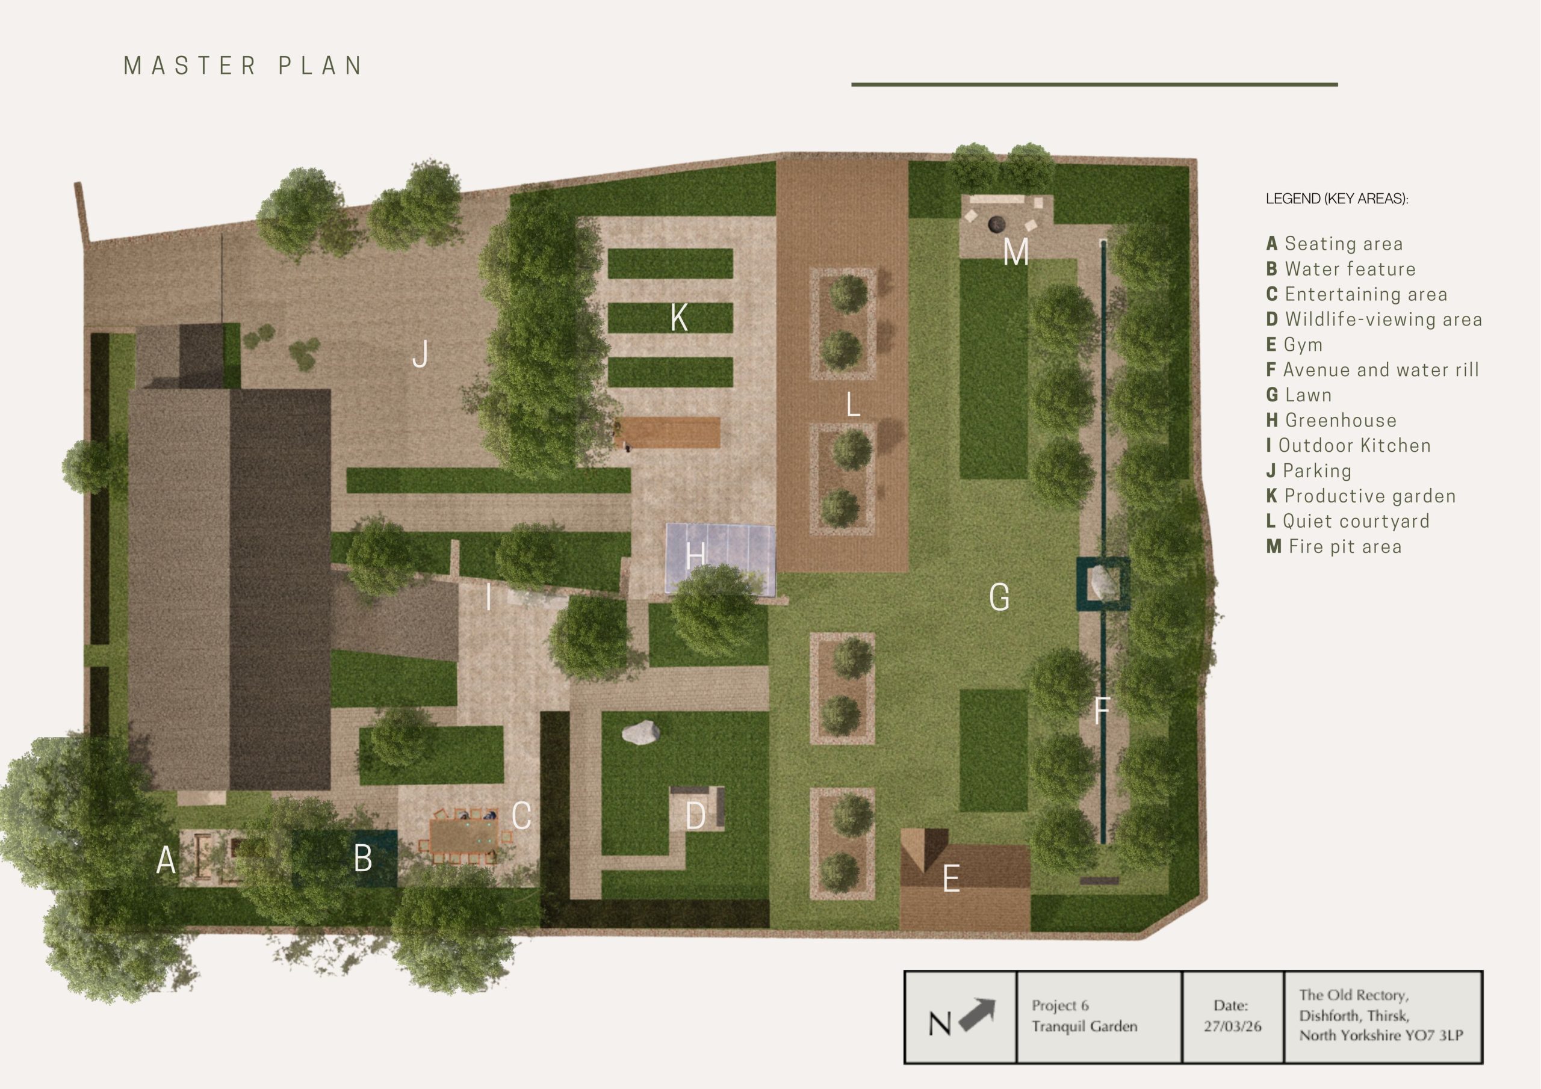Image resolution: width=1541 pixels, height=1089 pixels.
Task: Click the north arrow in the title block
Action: [x=977, y=1014]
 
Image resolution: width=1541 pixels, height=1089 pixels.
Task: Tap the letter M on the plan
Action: [x=1015, y=252]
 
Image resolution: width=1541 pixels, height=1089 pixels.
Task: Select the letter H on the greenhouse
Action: [x=695, y=555]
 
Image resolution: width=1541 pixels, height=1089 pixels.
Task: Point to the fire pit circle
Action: [x=994, y=223]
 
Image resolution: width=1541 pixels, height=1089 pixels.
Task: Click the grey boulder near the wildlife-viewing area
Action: [x=640, y=732]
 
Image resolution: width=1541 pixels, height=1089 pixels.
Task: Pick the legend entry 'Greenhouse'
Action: [x=1332, y=421]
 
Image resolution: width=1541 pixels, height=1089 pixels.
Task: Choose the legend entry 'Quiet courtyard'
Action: [x=1348, y=522]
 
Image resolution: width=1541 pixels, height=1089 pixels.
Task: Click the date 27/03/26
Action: [x=1232, y=1026]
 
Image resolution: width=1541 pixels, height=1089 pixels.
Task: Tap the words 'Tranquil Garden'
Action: [x=1085, y=1026]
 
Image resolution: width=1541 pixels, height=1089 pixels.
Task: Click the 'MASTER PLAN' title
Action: [x=243, y=66]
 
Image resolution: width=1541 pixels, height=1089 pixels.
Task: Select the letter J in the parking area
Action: [x=420, y=354]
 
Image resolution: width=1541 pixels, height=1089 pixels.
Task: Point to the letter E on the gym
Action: [x=951, y=878]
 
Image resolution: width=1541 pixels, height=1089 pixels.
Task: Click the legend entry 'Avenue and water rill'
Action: [x=1372, y=369]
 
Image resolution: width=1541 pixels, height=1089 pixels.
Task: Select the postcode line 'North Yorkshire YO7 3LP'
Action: [x=1381, y=1035]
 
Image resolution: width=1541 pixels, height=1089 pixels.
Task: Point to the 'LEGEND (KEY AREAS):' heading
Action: [x=1337, y=199]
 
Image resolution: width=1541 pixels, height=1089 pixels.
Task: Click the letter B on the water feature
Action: [x=363, y=858]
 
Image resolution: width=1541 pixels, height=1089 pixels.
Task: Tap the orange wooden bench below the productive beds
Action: [x=668, y=433]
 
